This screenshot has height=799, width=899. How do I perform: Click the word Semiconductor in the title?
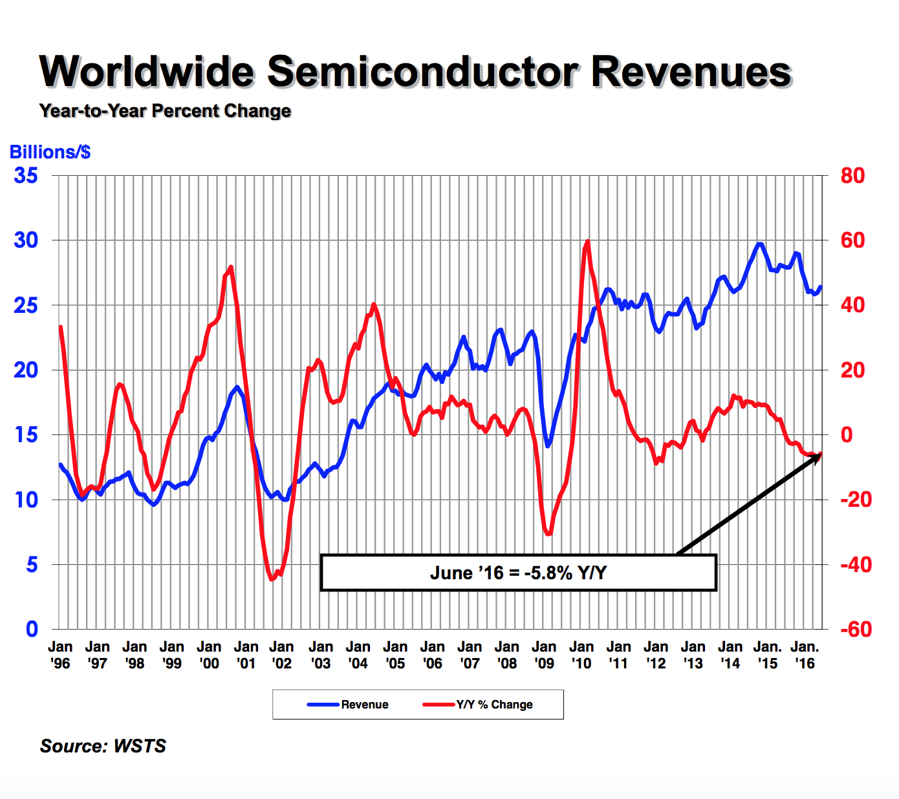coord(422,72)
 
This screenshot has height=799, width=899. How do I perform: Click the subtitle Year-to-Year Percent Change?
coord(165,111)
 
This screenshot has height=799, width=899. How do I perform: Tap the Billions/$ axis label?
coord(50,153)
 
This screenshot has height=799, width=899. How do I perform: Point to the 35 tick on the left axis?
coord(26,176)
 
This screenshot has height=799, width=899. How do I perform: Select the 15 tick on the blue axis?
coord(26,435)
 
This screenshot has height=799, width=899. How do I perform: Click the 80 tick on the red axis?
coord(852,176)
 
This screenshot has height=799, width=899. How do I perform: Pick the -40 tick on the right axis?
coord(855,565)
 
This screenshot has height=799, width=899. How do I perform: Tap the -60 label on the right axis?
coord(855,630)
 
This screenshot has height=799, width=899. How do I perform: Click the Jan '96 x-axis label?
coord(60,655)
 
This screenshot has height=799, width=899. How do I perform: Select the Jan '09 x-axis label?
coord(544,655)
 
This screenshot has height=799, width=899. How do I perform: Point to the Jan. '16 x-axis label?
coord(805,655)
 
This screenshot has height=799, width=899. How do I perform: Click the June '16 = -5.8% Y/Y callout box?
coord(518,573)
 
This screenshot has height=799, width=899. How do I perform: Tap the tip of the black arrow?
coord(821,454)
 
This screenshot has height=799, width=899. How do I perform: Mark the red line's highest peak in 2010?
coord(587,242)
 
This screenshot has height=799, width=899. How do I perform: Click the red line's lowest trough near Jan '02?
coord(272,579)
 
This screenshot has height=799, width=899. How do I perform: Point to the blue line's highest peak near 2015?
coord(760,244)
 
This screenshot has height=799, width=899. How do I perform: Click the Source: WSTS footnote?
coord(103,746)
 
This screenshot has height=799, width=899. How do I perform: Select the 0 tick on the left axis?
coord(32,630)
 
